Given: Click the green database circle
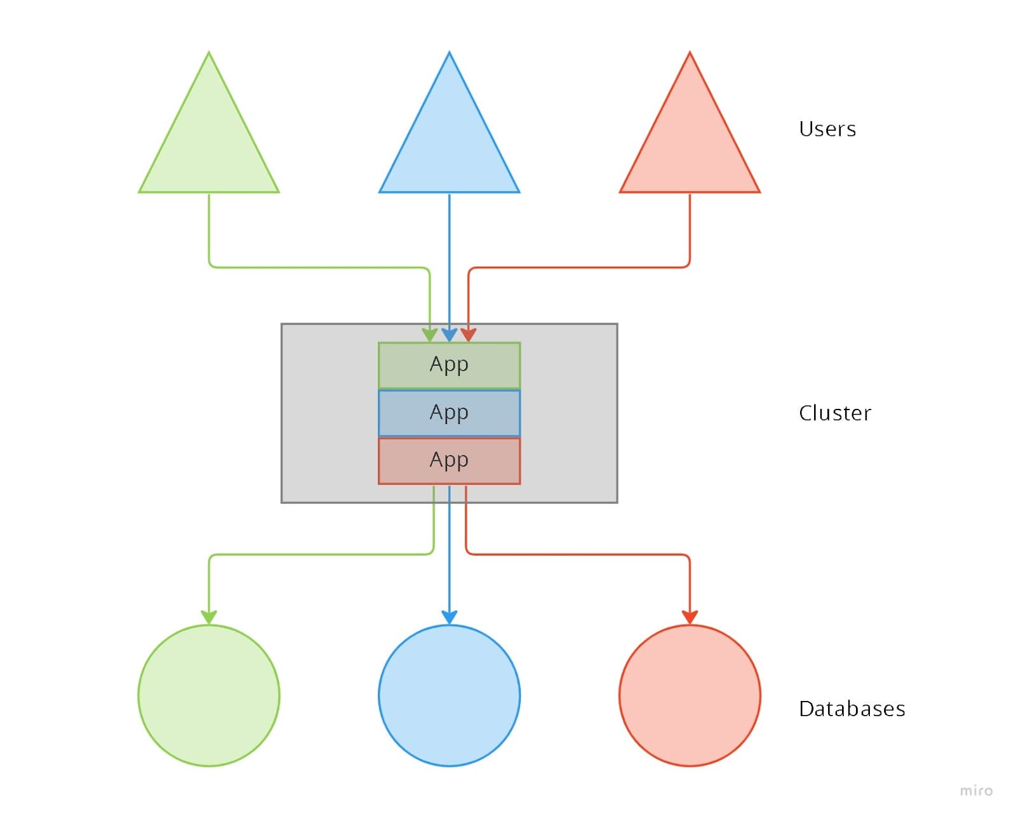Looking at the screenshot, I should (x=209, y=695).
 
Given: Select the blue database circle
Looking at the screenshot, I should (x=449, y=695).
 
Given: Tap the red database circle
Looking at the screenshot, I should (x=690, y=695).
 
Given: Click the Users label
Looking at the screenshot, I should (x=827, y=129).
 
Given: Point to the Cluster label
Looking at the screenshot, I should (x=834, y=413).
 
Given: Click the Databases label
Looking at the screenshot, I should (x=852, y=709).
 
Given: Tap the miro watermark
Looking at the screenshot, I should (x=976, y=790).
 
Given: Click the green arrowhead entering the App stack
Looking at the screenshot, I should (x=430, y=335).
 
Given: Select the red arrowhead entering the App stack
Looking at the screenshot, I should (x=469, y=335).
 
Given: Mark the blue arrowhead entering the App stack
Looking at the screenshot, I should (x=449, y=335).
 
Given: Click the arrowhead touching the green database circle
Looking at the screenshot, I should (x=209, y=617).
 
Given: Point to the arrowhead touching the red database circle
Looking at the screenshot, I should (x=690, y=617).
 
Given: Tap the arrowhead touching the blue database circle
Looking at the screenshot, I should (x=449, y=617).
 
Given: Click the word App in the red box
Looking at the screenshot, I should (x=449, y=460).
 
